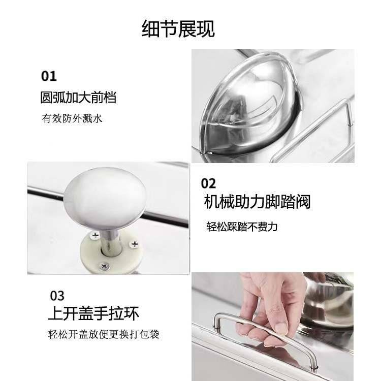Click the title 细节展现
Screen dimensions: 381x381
pos(178,28)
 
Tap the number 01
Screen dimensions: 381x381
pos(49,76)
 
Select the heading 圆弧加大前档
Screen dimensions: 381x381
pos(78,98)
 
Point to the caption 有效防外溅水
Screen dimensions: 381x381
pos(72,118)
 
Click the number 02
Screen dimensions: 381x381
pos(208,183)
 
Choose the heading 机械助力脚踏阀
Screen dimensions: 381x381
pos(257,202)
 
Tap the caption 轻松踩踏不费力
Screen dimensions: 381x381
pos(242,227)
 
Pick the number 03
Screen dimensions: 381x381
pos(57,296)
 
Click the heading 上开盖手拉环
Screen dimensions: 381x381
pos(93,313)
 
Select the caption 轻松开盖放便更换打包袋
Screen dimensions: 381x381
pos(104,334)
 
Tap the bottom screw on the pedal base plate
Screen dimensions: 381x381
pos(104,267)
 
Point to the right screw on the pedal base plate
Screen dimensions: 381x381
pos(134,244)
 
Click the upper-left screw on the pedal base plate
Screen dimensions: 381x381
pos(95,235)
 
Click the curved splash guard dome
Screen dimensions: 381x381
pos(251,105)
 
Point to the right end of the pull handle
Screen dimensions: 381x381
pos(314,364)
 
